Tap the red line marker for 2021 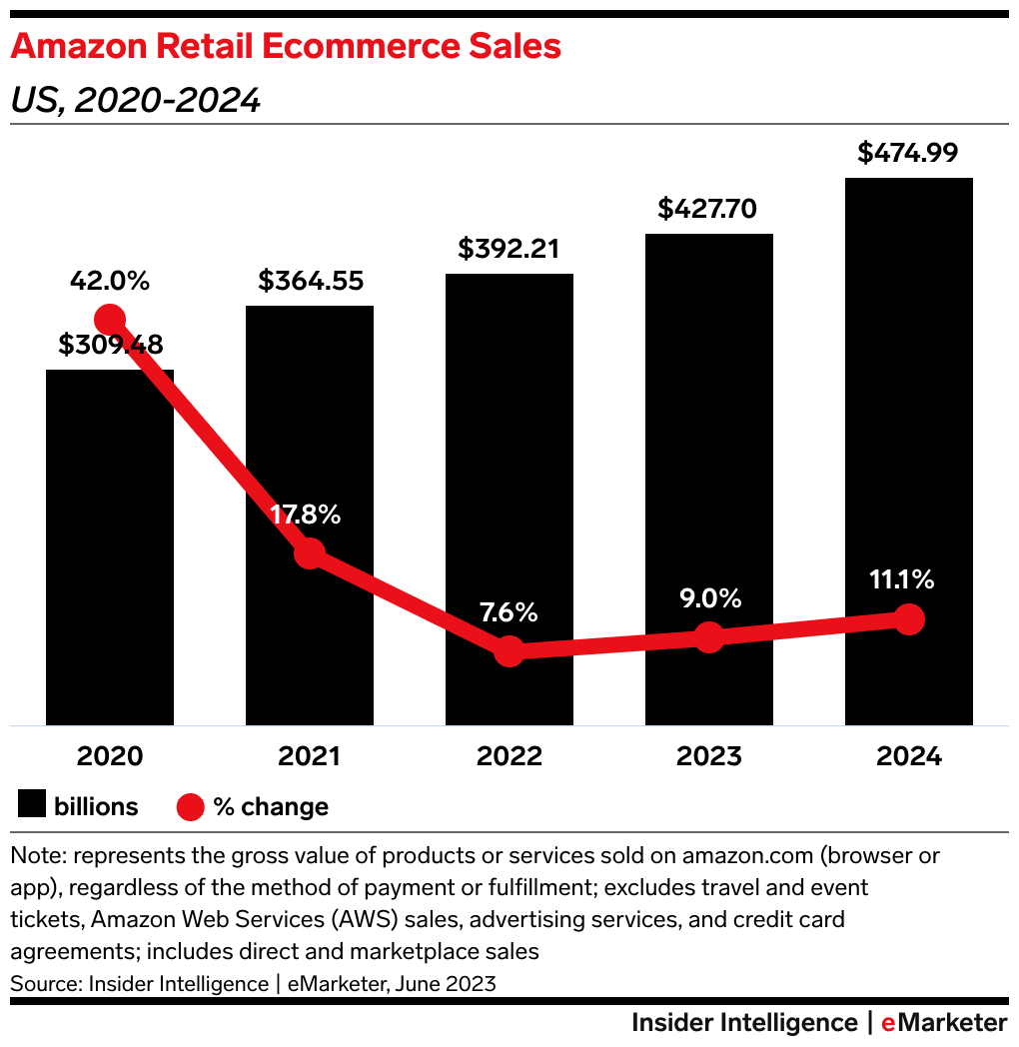310,552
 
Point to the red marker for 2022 509,651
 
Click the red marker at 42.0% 110,320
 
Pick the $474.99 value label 908,154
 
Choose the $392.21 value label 509,249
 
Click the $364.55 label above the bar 310,281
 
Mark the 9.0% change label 708,598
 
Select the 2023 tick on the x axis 708,756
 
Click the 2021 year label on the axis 310,756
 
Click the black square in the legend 32,806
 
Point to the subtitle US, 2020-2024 136,100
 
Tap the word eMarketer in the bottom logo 944,1022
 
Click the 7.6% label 509,611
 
